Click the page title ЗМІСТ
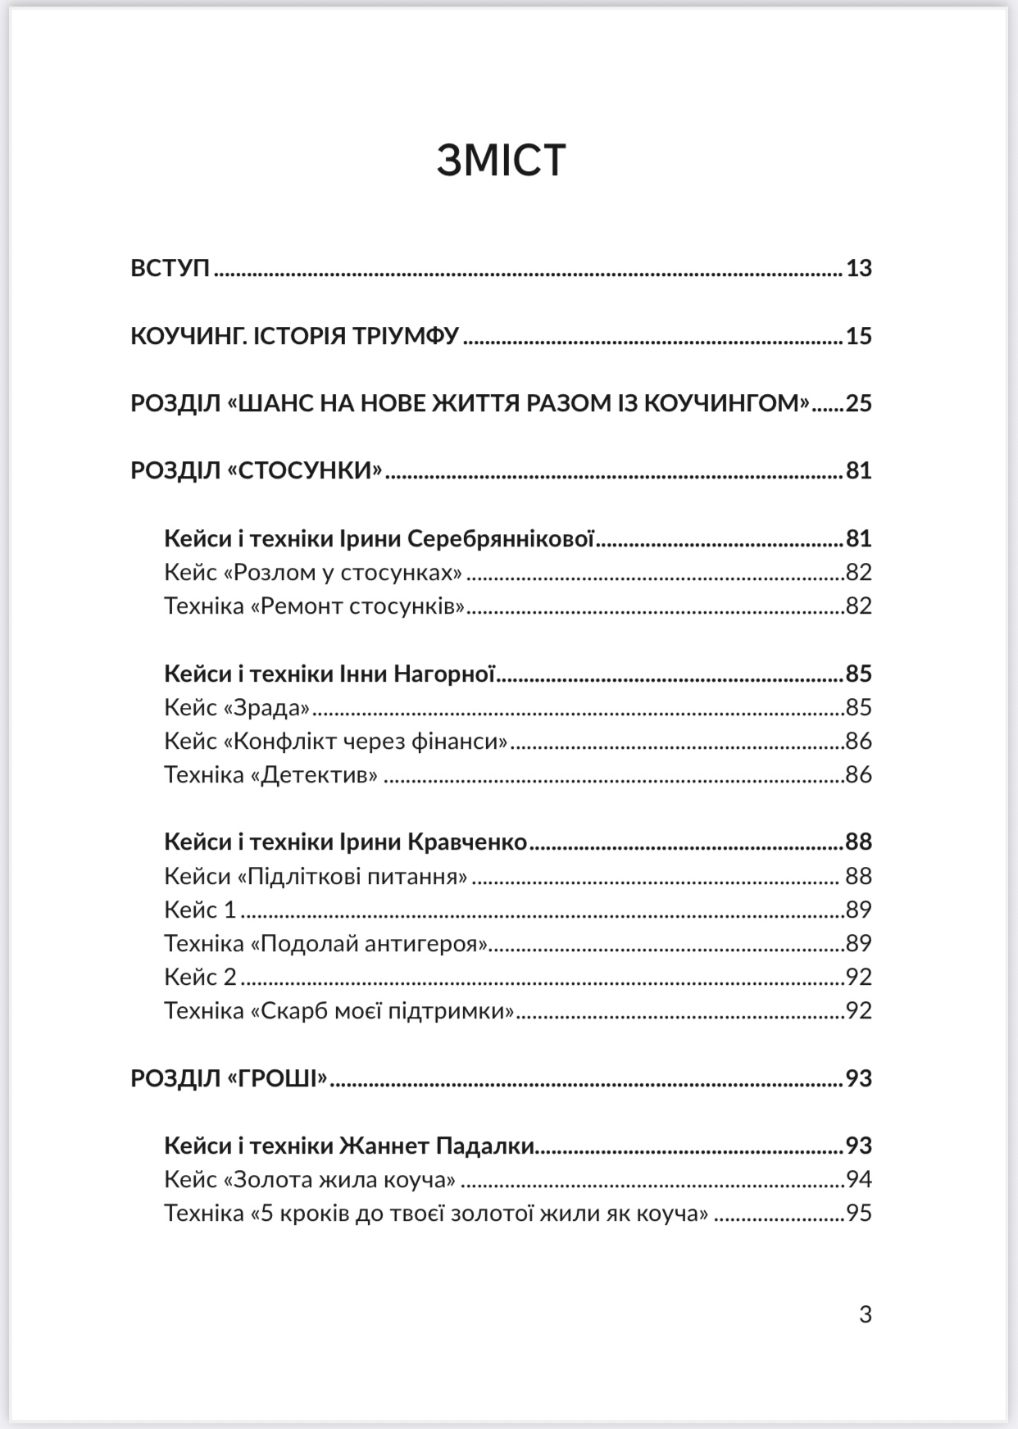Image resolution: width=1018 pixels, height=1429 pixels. coord(501,160)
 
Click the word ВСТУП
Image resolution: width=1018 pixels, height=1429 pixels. coord(170,268)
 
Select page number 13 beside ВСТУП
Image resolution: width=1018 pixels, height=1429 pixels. coord(858,268)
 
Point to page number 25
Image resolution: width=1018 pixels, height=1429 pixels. coord(858,403)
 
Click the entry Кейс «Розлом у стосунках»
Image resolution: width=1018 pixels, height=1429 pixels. coord(313,572)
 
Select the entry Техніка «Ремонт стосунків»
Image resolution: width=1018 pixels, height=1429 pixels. coord(315,606)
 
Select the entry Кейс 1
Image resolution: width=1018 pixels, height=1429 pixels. coord(200,910)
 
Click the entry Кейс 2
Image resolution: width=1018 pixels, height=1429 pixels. coord(200,977)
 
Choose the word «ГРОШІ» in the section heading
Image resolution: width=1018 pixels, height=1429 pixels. coord(277,1078)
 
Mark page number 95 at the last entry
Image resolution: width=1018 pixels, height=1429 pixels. coord(858,1213)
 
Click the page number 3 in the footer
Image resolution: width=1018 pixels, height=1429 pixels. coord(865,1315)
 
